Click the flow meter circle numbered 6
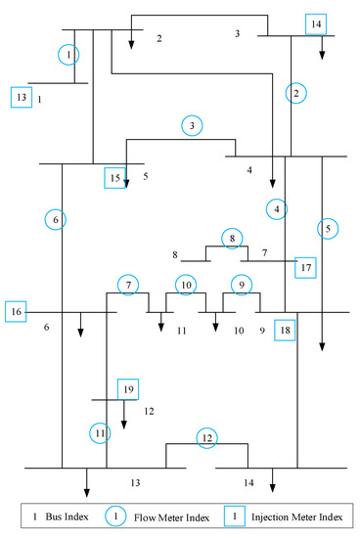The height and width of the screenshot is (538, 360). coord(57,220)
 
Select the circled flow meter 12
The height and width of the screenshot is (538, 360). coord(206,437)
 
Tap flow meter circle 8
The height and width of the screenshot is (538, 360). coord(231,238)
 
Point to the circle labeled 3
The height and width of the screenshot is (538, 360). coord(194,125)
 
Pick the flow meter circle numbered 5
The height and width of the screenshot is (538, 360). coord(329,228)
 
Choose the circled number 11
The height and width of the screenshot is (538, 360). coord(101,432)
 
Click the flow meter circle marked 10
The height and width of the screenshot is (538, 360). coord(186,285)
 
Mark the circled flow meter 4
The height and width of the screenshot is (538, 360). coord(278,208)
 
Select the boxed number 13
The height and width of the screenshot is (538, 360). coord(22,97)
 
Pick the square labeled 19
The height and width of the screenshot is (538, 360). coord(128,389)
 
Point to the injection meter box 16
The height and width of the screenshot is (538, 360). coord(16,311)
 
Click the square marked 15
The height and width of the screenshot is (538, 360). coord(116,177)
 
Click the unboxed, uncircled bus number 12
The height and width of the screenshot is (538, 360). coord(149,411)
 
